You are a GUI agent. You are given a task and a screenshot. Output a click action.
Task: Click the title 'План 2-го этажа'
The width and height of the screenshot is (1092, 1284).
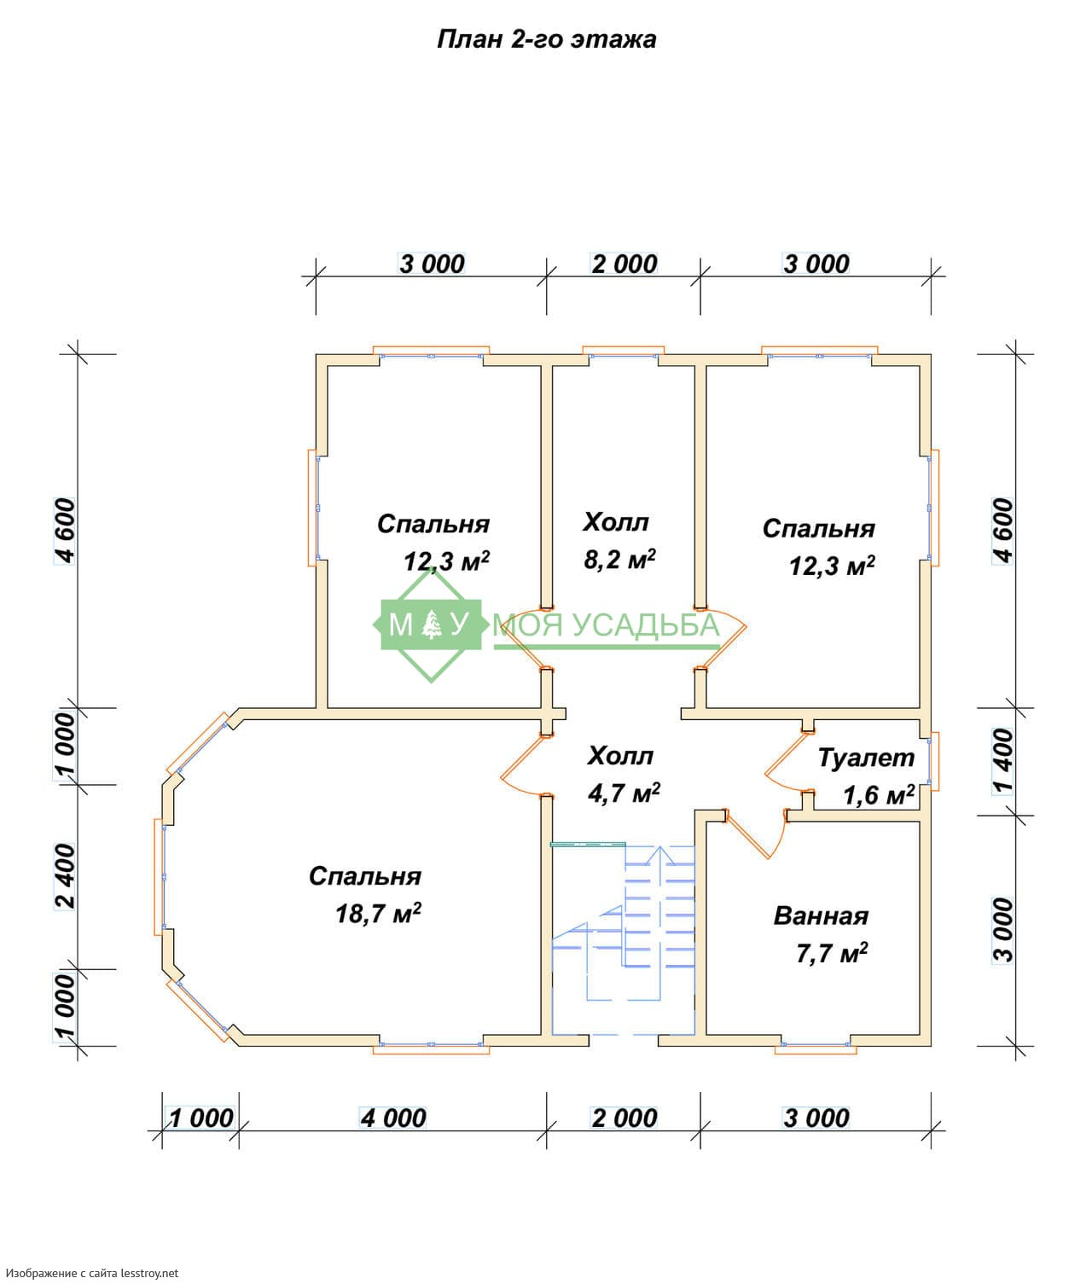click(x=546, y=40)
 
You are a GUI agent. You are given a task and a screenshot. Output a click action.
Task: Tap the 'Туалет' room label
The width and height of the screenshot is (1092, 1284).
click(x=866, y=758)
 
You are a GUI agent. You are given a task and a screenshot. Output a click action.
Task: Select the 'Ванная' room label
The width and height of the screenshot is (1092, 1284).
click(x=821, y=916)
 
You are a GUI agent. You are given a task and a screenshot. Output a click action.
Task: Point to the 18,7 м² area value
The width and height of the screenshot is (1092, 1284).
click(x=378, y=914)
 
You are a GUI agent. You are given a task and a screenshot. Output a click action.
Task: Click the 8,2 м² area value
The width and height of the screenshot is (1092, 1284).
click(x=619, y=560)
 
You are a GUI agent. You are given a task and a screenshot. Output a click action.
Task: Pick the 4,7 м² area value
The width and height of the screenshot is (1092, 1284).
click(x=623, y=793)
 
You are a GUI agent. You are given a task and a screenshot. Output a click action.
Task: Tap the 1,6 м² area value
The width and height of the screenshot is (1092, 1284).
click(x=879, y=795)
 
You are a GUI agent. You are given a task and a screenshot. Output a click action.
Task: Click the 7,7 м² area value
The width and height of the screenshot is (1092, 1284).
click(x=832, y=954)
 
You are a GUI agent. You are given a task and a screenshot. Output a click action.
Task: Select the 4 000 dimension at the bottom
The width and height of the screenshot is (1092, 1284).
click(x=393, y=1118)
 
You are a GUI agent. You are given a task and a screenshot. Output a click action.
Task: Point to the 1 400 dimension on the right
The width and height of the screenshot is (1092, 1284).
click(x=1003, y=762)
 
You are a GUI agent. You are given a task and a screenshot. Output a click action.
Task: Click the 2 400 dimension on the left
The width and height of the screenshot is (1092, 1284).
click(x=65, y=876)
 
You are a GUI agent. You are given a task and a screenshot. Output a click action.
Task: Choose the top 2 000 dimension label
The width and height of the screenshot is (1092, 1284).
click(x=624, y=264)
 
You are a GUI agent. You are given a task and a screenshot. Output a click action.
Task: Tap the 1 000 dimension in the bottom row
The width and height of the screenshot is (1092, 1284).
click(x=200, y=1118)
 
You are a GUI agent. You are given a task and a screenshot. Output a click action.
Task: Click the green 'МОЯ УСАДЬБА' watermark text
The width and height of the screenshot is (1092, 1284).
click(x=607, y=625)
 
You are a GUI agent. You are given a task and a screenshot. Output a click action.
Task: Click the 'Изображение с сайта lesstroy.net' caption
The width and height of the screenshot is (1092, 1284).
click(x=90, y=1271)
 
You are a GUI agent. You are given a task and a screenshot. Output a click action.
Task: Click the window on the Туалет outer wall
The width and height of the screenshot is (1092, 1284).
click(x=933, y=762)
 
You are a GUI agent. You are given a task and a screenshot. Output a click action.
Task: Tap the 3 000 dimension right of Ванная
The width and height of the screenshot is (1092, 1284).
click(x=1003, y=930)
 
